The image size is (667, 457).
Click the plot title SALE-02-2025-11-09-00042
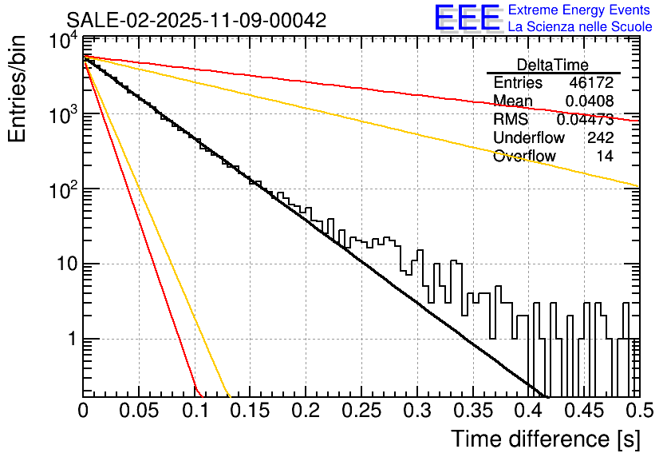coord(196,21)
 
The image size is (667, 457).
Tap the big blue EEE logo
coord(468,18)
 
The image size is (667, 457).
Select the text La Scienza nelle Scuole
coord(579,27)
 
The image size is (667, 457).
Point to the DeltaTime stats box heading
coord(553,65)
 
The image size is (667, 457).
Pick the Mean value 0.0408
coord(589,101)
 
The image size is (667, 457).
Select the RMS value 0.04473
coord(585,120)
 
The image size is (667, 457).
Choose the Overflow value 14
coord(605,157)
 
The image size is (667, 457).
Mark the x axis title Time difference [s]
coord(545,439)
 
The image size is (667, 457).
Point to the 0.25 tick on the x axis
coord(361,411)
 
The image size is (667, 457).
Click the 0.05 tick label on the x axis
coord(139,411)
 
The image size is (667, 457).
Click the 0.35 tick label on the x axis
coord(472,411)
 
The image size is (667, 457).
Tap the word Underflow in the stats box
coord(529,138)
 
